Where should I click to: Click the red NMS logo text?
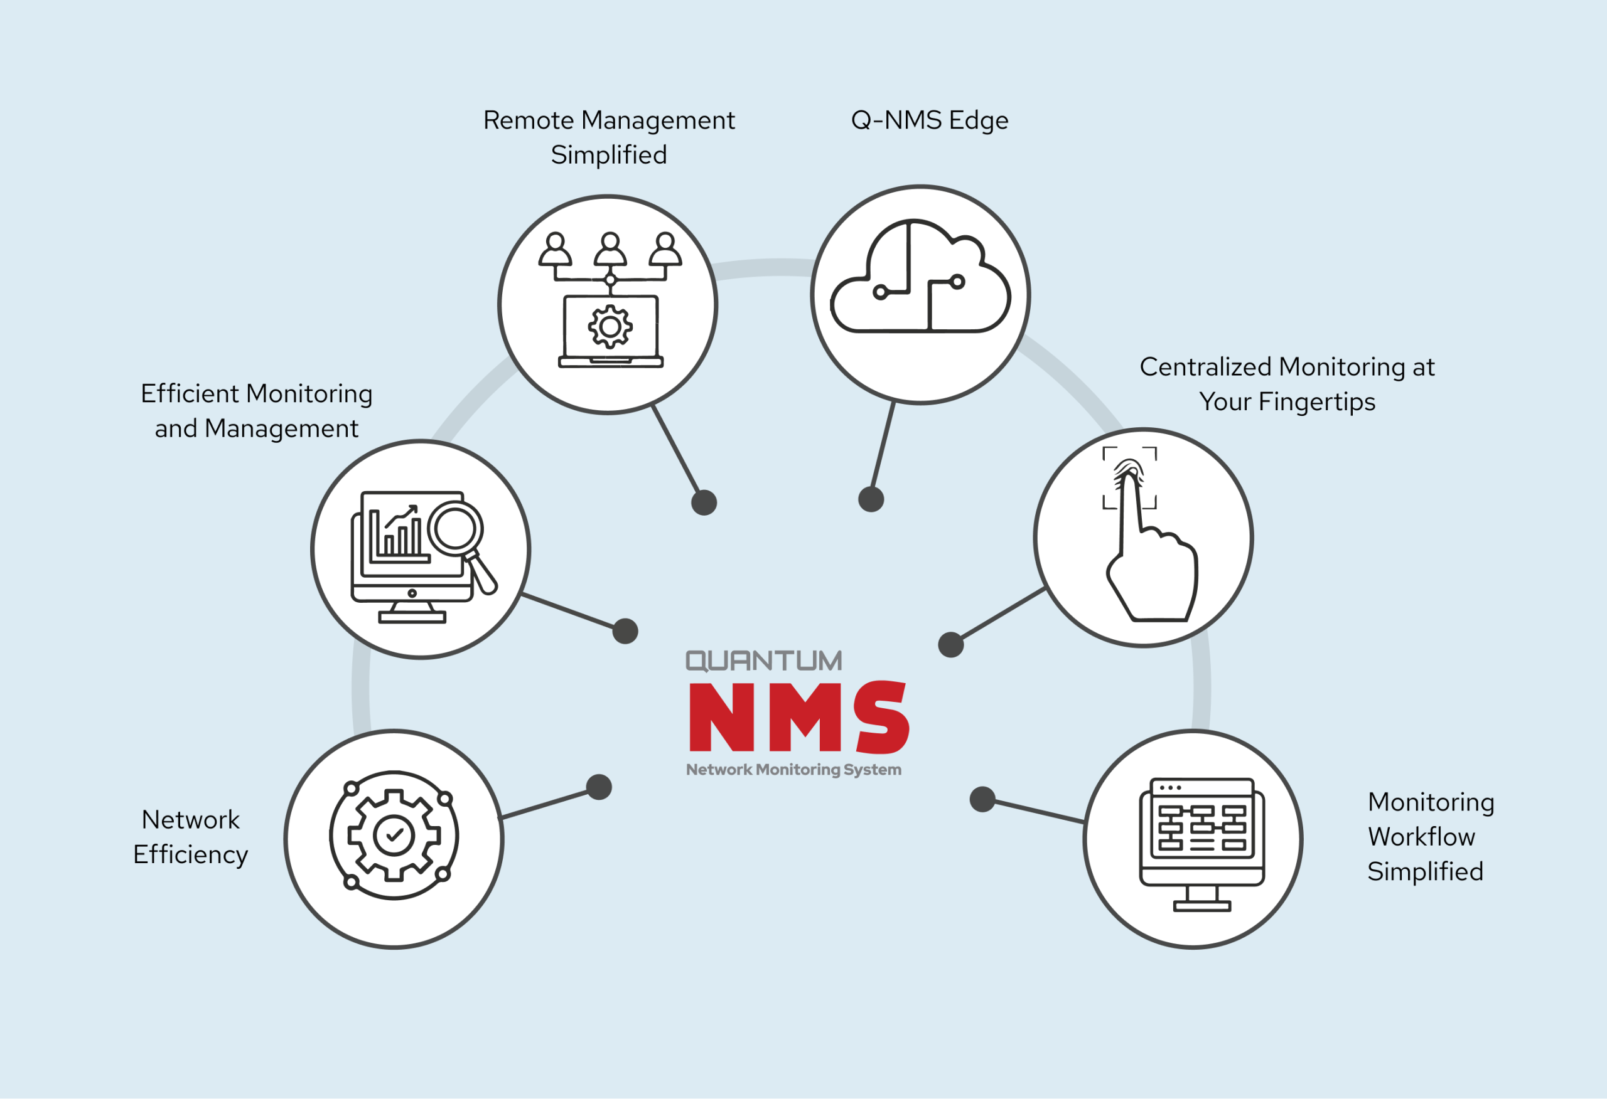coord(798,717)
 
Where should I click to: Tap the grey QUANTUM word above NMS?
coord(763,661)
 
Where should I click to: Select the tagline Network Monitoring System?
coord(793,769)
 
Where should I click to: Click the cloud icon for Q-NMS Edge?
coord(920,280)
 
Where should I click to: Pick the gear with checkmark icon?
coord(394,835)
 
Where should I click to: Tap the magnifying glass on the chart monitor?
coord(456,531)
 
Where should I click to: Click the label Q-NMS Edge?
coord(929,120)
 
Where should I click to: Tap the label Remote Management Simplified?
coord(608,137)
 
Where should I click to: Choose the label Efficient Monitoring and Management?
coord(257,411)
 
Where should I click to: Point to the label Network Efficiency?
coord(190,836)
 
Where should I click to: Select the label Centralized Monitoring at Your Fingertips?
coord(1287,384)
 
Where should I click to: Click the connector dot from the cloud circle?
coord(871,499)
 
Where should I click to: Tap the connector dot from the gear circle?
coord(599,787)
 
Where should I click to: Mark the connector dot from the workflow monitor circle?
coord(982,799)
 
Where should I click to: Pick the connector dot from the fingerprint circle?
coord(951,644)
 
